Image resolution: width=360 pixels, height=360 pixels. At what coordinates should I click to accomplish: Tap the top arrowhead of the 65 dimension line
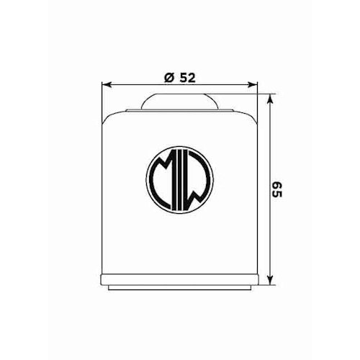(270, 98)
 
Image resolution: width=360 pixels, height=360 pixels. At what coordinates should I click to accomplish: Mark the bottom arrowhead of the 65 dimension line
(270, 282)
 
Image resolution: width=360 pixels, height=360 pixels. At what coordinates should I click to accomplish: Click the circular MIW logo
(180, 181)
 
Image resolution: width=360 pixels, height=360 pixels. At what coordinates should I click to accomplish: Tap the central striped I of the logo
(180, 181)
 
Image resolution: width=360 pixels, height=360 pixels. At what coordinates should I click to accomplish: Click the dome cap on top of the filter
(180, 102)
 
